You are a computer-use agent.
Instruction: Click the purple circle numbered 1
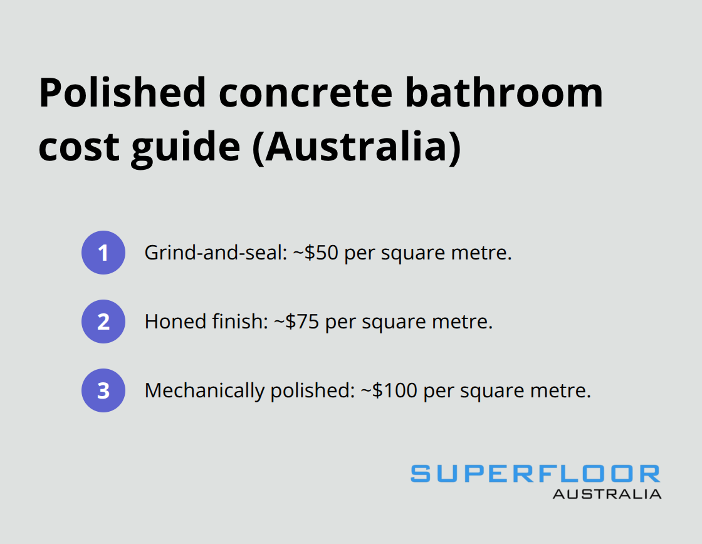(103, 253)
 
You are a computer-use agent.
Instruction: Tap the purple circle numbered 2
(103, 322)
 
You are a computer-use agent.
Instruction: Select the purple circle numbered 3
(103, 390)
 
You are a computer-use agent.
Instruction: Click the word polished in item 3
(311, 391)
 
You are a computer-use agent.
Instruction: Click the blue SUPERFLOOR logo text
(535, 473)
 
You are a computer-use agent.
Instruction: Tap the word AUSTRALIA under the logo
(607, 494)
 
